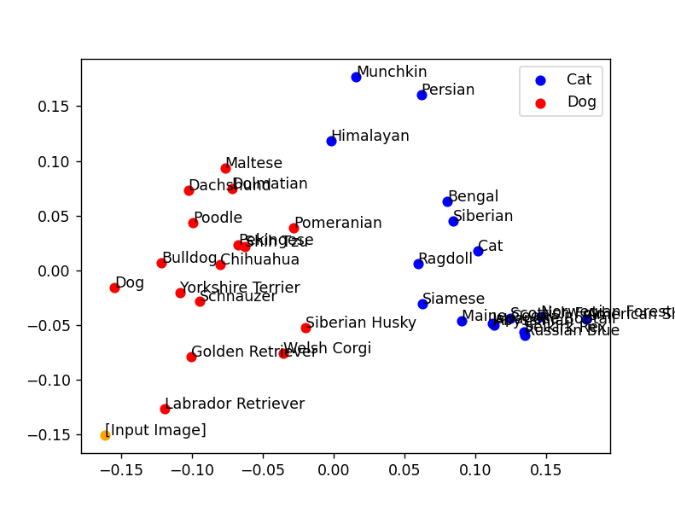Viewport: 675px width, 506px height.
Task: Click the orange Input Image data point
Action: pyautogui.click(x=105, y=435)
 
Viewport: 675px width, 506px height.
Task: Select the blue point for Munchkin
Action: pyautogui.click(x=356, y=77)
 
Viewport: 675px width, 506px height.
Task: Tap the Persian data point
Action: pyautogui.click(x=422, y=95)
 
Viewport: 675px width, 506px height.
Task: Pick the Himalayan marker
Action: pyautogui.click(x=331, y=141)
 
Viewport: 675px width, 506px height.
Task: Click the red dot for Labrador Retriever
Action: pyautogui.click(x=165, y=409)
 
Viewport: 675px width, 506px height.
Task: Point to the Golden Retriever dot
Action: pyautogui.click(x=191, y=357)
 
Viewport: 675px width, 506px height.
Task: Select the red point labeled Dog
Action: pyautogui.click(x=114, y=288)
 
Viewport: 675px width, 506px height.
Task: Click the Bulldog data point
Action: pyautogui.click(x=161, y=263)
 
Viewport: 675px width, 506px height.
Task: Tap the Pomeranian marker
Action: pyautogui.click(x=294, y=228)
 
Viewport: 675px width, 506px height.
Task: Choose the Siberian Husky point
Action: pyautogui.click(x=305, y=328)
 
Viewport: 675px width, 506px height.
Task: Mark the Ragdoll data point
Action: pyautogui.click(x=418, y=264)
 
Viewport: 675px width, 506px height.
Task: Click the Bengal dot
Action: pyautogui.click(x=447, y=201)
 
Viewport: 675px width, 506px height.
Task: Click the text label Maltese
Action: pyautogui.click(x=253, y=163)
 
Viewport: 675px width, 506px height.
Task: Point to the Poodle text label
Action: pyautogui.click(x=218, y=218)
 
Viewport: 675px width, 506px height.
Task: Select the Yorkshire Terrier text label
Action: pyautogui.click(x=240, y=288)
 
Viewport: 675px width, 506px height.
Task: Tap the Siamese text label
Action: pyautogui.click(x=453, y=300)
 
